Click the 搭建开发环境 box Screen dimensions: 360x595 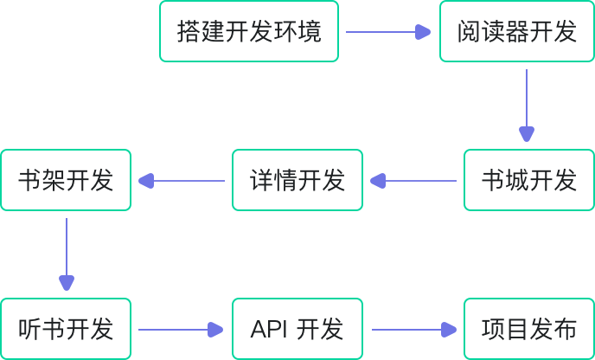click(250, 32)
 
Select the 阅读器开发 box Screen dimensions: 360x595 click(517, 32)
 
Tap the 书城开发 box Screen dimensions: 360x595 click(529, 181)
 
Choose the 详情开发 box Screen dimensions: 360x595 click(297, 181)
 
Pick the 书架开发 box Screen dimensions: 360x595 click(66, 181)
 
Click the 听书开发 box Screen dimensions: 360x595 click(66, 330)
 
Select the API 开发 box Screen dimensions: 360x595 click(297, 330)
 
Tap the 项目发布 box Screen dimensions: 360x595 click(529, 330)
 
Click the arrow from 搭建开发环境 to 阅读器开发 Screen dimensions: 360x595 click(387, 32)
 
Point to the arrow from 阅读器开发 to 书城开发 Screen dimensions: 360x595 click(527, 104)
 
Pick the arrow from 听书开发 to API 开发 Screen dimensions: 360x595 click(180, 330)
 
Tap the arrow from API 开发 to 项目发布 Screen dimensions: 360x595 click(413, 330)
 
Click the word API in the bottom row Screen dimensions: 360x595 click(268, 330)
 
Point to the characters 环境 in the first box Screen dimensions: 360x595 click(302, 32)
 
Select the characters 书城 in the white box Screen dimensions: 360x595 click(505, 181)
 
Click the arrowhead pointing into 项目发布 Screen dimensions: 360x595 click(448, 330)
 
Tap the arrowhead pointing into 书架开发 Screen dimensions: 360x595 click(145, 181)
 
